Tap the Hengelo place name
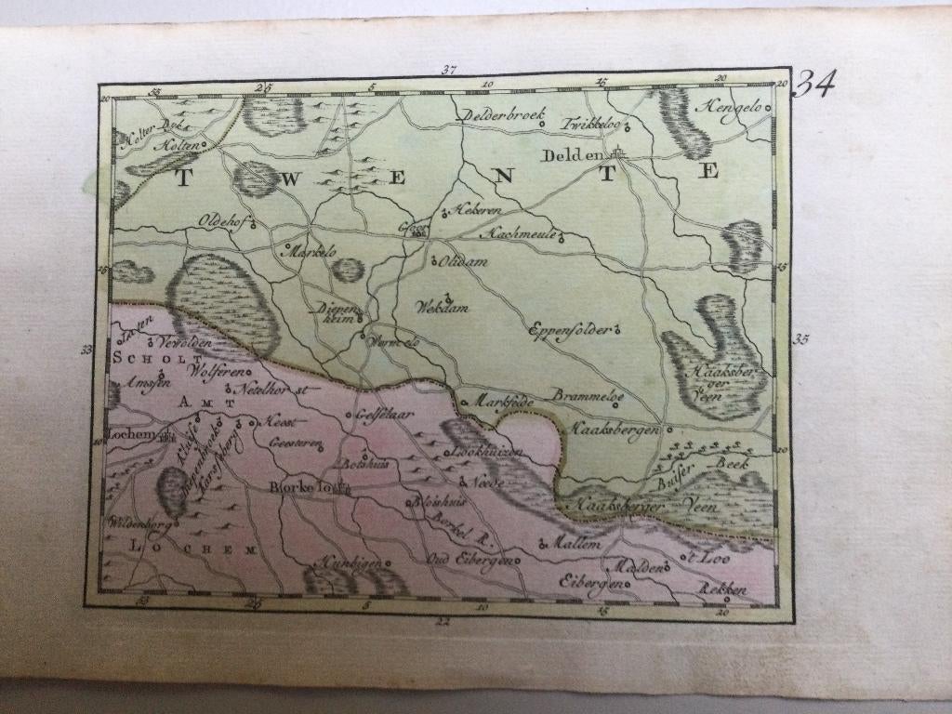coord(732,105)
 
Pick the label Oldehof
coord(219,220)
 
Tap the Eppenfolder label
coord(569,329)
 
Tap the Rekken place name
coord(726,589)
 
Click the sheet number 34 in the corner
coord(814,86)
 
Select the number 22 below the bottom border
coord(443,620)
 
